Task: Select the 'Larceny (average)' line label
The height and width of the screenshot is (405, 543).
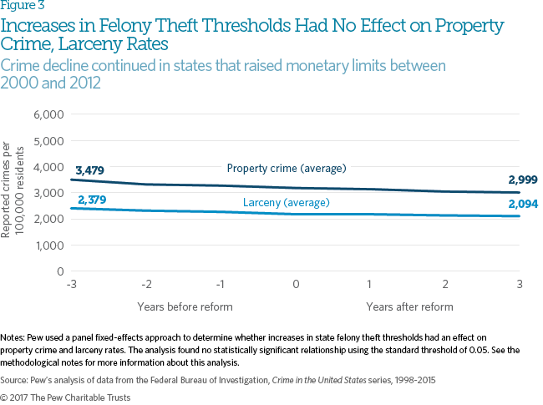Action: tap(286, 203)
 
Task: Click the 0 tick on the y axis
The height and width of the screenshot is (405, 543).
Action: tap(58, 271)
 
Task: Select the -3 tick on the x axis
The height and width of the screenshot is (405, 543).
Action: tap(73, 285)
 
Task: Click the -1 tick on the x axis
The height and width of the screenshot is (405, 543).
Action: tap(221, 285)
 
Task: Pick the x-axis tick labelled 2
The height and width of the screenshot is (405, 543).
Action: tap(446, 285)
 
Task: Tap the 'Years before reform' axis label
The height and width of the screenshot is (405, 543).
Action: tap(185, 306)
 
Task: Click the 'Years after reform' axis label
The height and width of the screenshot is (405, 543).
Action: tap(409, 306)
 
